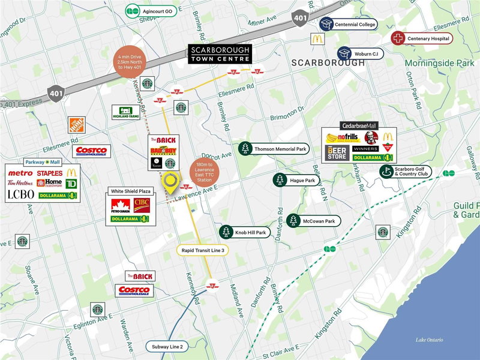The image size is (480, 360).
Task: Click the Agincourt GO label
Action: pos(152,11)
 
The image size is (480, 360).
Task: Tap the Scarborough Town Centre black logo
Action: pos(220,55)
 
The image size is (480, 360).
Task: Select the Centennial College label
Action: pos(350,25)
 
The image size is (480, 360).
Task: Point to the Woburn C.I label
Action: pos(361,53)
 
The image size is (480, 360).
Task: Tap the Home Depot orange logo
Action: pos(77,125)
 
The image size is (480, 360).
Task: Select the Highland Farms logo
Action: pos(126,112)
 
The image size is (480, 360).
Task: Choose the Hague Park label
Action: pos(296,179)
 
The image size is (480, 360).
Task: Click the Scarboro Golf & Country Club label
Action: pos(409,172)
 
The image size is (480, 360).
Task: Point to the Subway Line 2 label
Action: pos(168,346)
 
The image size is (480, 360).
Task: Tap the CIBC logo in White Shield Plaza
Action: pos(143,205)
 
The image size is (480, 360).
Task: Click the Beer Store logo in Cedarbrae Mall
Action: pos(337,152)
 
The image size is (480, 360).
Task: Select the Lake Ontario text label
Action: pos(429,340)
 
